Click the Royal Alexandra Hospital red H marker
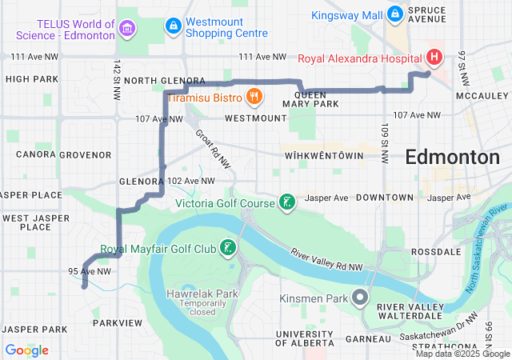(x=434, y=57)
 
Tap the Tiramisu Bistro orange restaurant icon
(x=254, y=97)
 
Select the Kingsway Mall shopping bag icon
(x=394, y=13)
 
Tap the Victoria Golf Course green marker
(x=286, y=202)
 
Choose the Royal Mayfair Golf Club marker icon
(x=229, y=249)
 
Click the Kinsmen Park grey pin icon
(x=360, y=298)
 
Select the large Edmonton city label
(x=452, y=157)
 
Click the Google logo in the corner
(x=26, y=350)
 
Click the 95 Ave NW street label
(x=89, y=271)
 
